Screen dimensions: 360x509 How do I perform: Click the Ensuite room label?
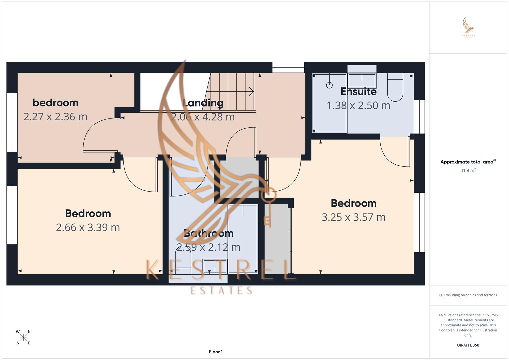358,91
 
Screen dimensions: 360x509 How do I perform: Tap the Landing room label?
203,103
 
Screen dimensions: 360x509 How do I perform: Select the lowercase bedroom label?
55,103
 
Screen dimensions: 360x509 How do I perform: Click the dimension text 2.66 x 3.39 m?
88,227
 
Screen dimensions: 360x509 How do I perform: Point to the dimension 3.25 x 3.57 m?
353,217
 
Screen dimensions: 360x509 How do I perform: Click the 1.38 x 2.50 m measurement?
358,105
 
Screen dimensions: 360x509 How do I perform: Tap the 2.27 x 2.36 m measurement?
55,117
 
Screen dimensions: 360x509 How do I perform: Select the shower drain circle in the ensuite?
329,85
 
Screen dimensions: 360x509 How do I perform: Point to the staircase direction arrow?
251,91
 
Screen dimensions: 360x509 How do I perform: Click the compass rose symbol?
23,337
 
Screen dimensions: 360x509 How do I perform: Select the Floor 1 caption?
216,352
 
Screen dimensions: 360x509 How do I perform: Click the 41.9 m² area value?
468,170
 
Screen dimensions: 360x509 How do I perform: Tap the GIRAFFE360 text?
468,345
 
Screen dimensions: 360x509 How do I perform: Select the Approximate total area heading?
468,162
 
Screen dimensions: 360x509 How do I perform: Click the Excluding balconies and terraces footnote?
468,295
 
